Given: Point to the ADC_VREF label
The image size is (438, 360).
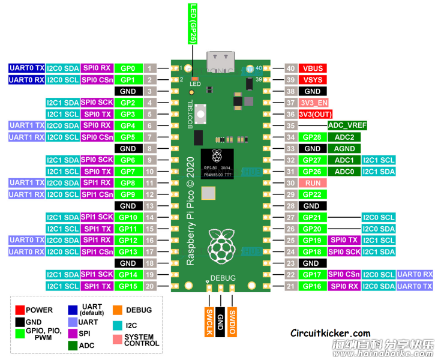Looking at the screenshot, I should coord(347,125).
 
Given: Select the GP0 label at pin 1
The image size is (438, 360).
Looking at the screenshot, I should coord(128,68).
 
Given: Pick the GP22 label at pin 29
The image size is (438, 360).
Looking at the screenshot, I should coord(312,194).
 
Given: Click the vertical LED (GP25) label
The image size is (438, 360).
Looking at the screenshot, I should coord(194,22).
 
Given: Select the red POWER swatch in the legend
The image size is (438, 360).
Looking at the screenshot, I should coord(20,310).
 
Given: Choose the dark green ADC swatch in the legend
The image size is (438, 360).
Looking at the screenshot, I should coord(73,345).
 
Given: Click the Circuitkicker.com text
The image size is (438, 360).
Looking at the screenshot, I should coord(330,333).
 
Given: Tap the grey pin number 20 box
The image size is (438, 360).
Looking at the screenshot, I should coord(150,286).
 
